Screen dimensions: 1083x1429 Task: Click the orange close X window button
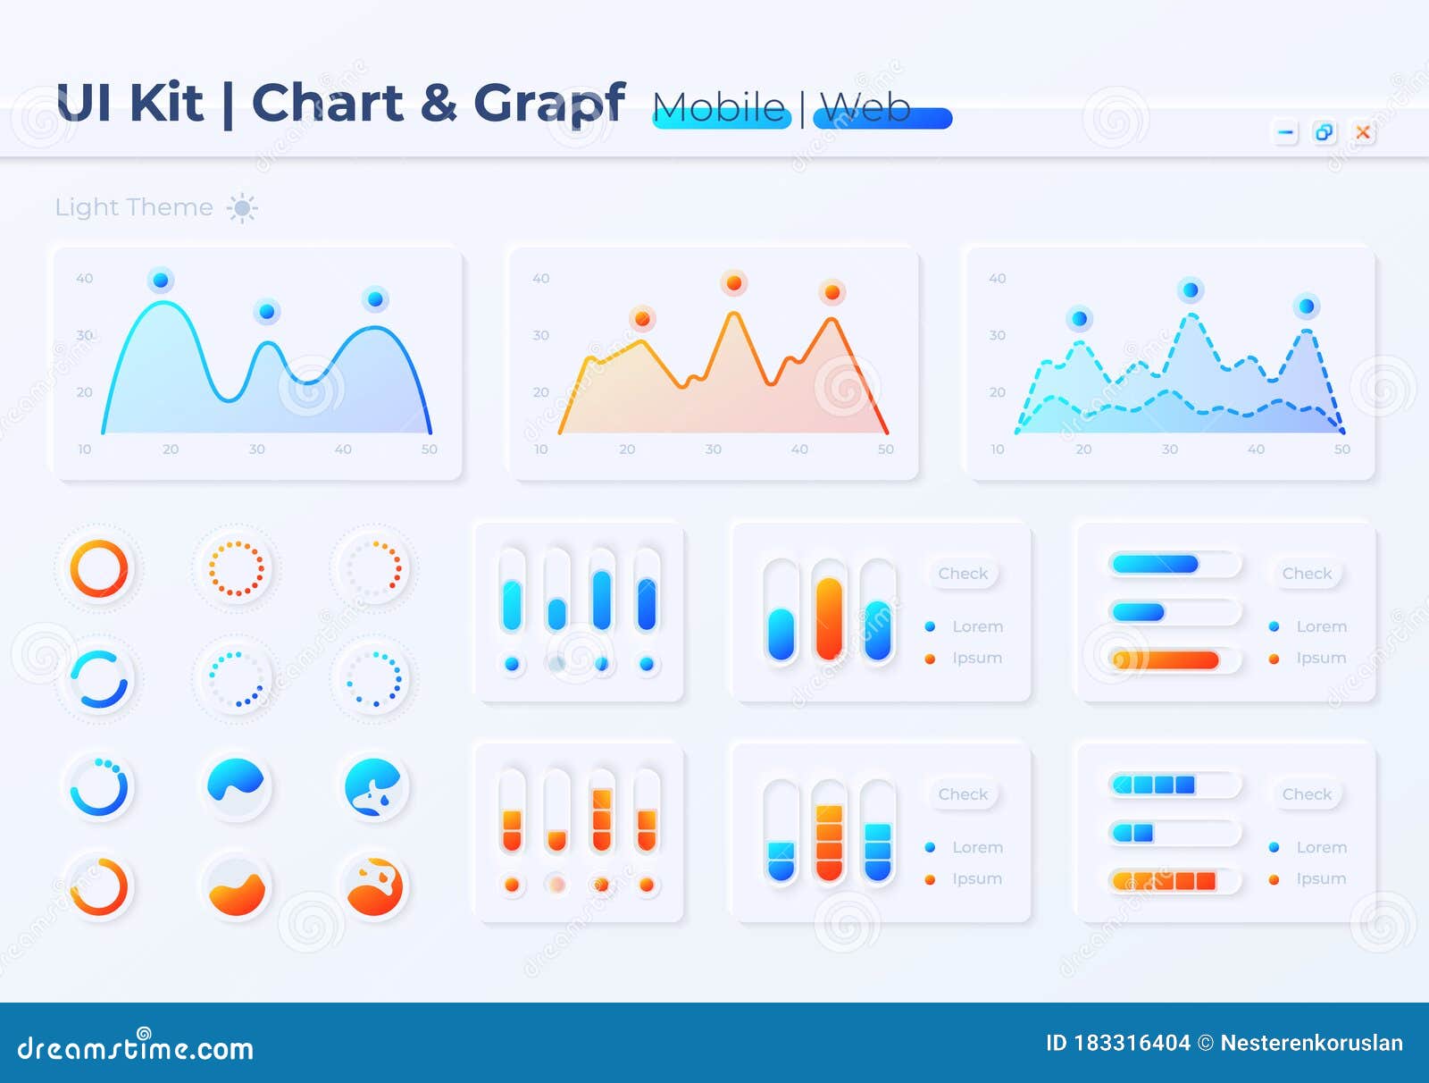(1363, 133)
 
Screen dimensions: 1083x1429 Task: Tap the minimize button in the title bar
(1285, 133)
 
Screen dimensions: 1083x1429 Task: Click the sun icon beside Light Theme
(241, 208)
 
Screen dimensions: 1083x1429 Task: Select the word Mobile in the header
(719, 108)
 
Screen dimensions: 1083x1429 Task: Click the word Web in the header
(865, 108)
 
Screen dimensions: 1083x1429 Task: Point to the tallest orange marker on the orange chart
(733, 283)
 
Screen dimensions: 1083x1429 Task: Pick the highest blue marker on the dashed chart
(1190, 290)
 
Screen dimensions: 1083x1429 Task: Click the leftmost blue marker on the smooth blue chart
(161, 281)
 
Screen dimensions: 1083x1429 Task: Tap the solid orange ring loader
(99, 568)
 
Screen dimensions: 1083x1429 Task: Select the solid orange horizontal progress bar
(1166, 660)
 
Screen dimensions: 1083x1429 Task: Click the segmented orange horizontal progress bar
(1165, 881)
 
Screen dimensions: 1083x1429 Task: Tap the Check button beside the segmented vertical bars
(963, 794)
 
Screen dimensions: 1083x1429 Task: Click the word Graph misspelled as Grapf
(548, 104)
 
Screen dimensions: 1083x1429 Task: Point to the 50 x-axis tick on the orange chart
(885, 449)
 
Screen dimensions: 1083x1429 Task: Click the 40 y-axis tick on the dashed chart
(997, 279)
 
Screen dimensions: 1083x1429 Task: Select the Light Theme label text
(134, 207)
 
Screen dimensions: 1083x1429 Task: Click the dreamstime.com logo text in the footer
(136, 1047)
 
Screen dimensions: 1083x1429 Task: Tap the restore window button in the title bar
(1324, 133)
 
